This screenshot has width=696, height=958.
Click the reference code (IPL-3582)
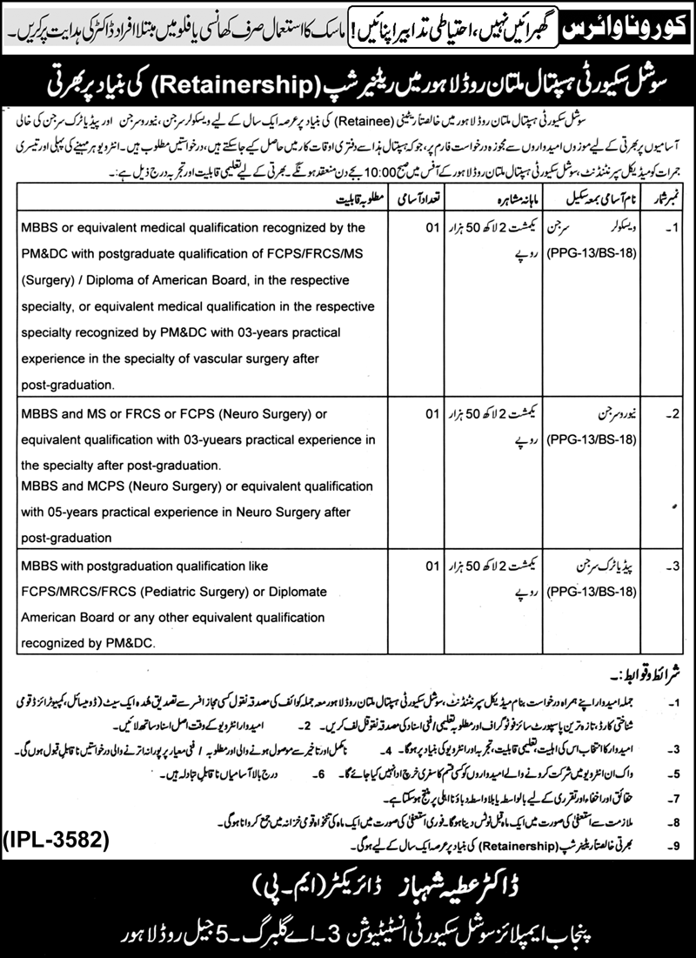(60, 840)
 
